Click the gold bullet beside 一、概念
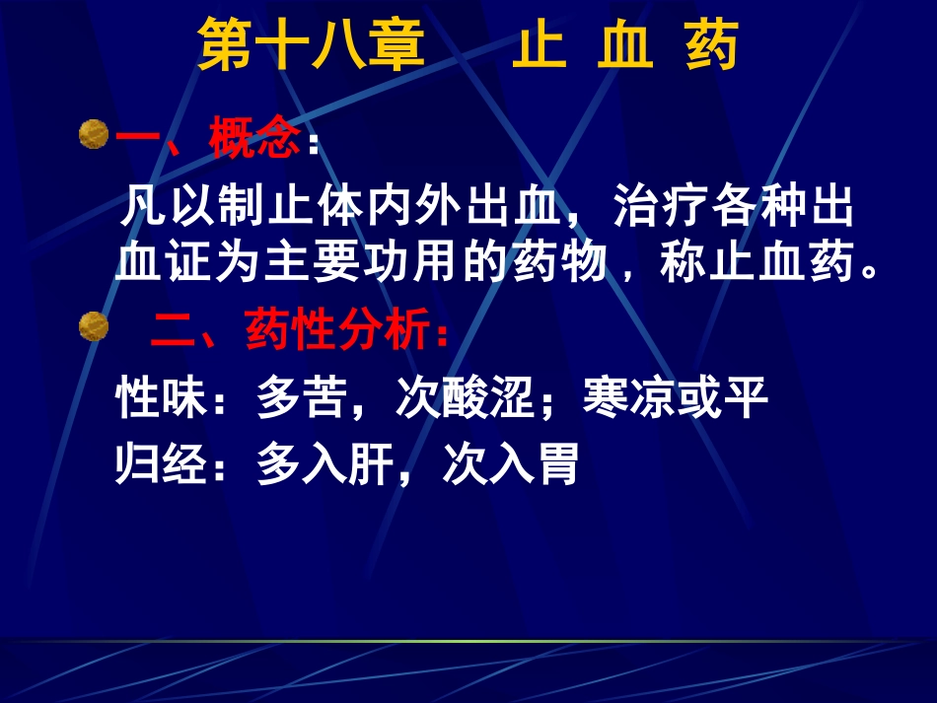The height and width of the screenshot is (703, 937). click(x=94, y=133)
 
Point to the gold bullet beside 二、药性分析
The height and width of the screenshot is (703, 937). click(x=94, y=326)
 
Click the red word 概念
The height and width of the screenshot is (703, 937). click(x=254, y=140)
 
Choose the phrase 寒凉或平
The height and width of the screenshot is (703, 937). click(x=675, y=400)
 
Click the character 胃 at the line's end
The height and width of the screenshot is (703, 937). click(x=561, y=465)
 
